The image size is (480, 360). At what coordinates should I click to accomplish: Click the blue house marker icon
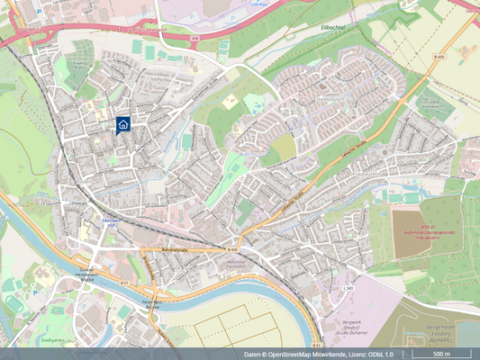122,124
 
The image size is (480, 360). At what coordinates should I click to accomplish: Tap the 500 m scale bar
441,355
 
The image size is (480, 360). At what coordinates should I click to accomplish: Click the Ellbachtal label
334,27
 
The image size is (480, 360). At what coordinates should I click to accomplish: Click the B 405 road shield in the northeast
440,57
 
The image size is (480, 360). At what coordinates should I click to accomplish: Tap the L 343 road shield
349,287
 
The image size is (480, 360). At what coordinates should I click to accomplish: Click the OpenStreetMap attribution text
319,355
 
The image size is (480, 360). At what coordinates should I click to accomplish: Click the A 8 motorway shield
195,39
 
